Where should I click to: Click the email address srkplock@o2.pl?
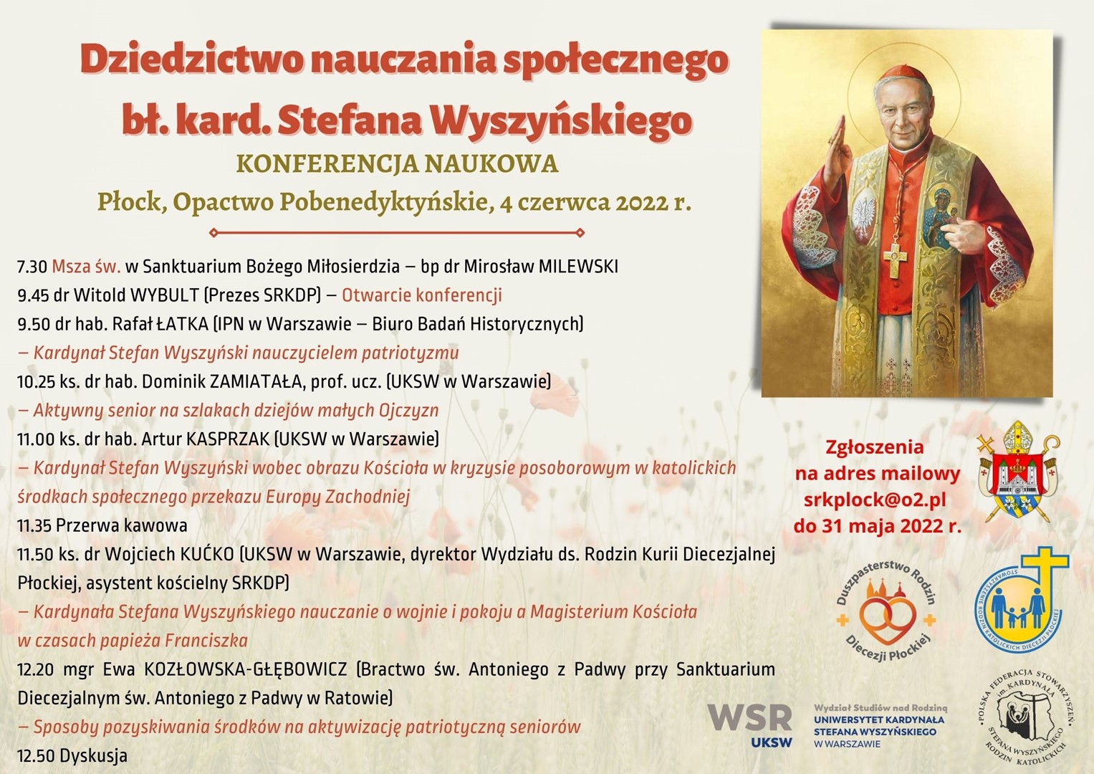[875, 500]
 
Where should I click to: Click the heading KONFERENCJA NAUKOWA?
[397, 164]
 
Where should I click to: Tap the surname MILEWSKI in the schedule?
[578, 267]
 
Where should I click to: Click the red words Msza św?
[87, 267]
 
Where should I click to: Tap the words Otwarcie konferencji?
[422, 295]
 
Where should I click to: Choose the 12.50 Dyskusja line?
[72, 756]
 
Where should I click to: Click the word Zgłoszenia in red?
[874, 447]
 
